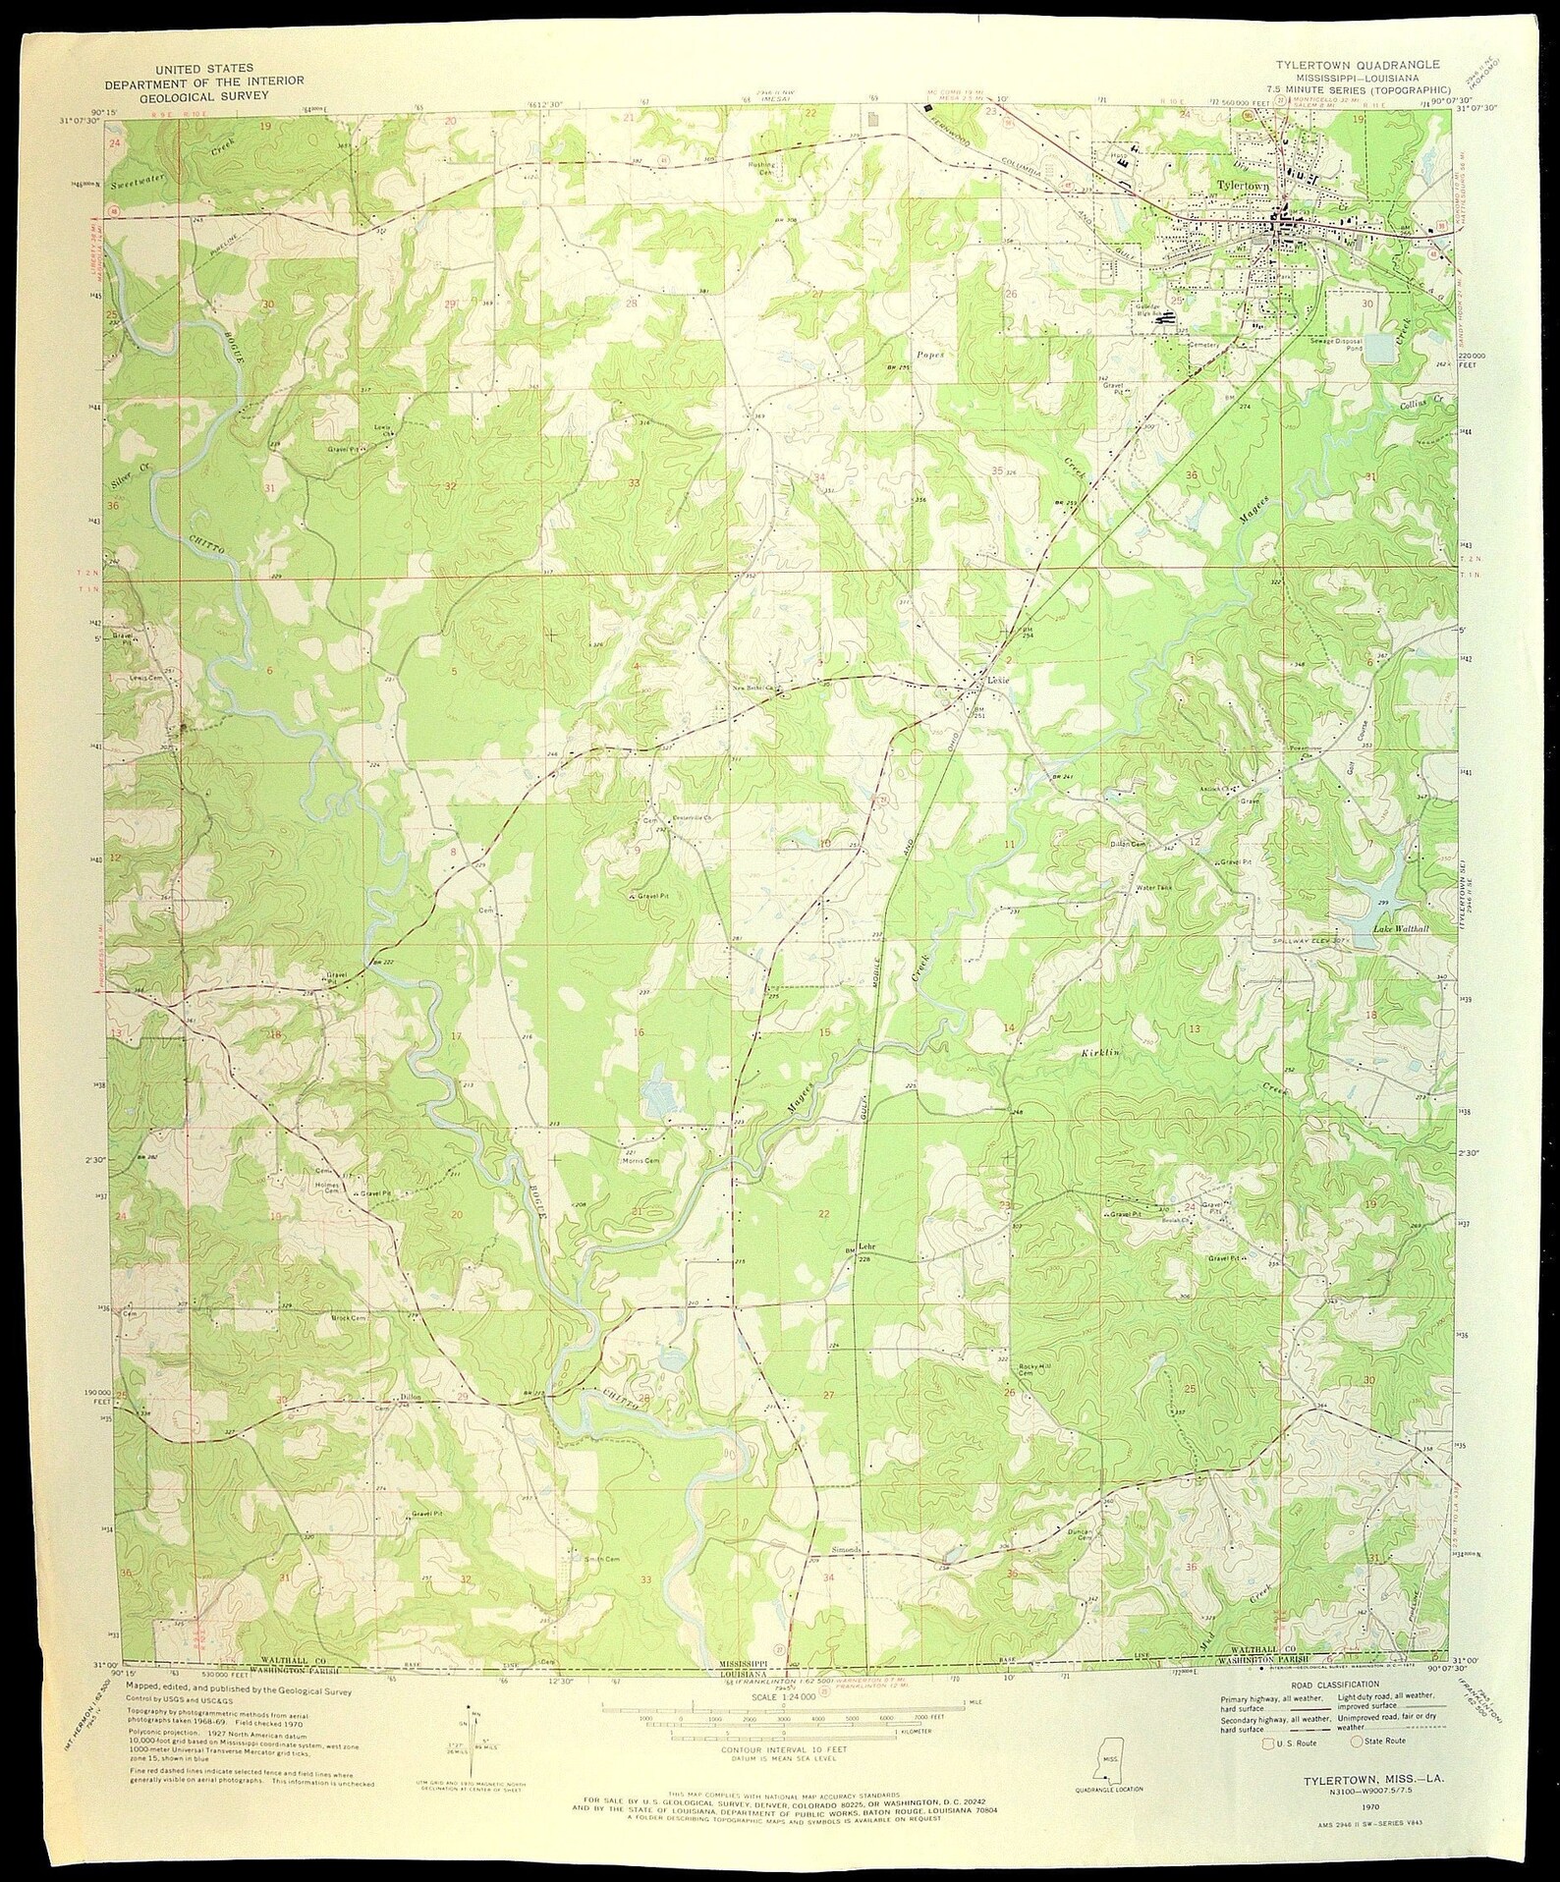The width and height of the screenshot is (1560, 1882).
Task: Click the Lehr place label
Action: (x=866, y=1246)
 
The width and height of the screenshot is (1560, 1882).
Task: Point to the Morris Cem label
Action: (x=640, y=1160)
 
